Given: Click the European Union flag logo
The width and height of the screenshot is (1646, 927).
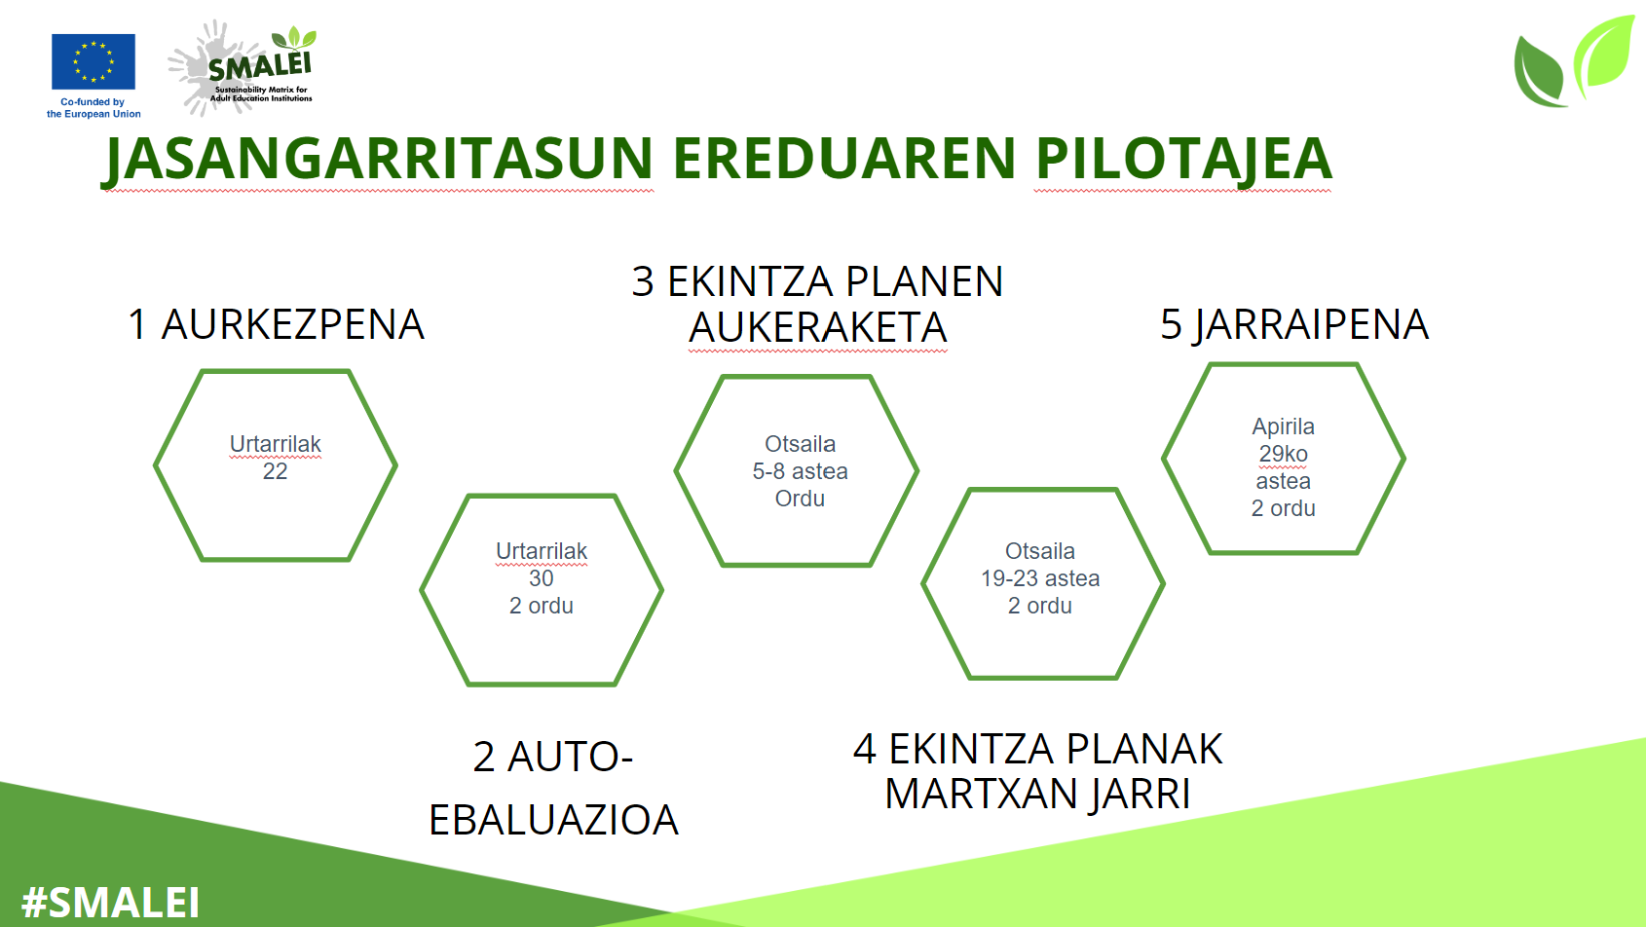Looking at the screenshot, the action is [94, 61].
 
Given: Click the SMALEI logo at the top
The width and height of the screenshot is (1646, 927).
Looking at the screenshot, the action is [243, 67].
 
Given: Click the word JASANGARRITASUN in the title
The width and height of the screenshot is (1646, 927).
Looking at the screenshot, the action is [377, 160].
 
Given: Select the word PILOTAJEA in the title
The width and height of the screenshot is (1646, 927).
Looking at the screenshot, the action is [1182, 160].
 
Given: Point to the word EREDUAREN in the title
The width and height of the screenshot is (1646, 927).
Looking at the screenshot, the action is [843, 159].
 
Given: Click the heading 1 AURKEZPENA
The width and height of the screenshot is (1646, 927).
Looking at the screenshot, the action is [276, 324].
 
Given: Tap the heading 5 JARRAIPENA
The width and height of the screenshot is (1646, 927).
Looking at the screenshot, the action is [1294, 324].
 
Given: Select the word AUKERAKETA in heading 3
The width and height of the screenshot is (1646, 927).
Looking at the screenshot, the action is [817, 327].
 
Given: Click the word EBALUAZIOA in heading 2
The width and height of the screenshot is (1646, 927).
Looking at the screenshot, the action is [553, 820].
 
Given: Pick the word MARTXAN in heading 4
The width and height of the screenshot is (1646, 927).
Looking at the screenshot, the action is [978, 794].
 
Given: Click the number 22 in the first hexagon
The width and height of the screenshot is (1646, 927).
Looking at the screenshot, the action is [275, 471].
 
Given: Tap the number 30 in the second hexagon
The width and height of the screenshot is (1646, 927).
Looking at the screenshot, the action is [541, 578].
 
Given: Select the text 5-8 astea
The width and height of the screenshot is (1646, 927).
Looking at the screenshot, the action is [800, 471].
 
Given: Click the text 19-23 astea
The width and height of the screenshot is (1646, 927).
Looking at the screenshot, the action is [1040, 578].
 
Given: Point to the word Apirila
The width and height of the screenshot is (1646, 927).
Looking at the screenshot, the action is [1283, 426].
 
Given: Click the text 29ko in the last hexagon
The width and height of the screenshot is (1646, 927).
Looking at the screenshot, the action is [1283, 454].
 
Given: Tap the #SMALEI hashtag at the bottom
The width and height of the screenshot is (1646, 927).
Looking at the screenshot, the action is [110, 903].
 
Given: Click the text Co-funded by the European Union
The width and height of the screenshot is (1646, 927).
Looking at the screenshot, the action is [94, 108].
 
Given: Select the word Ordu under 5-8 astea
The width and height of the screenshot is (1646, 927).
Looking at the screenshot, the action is [800, 498].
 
